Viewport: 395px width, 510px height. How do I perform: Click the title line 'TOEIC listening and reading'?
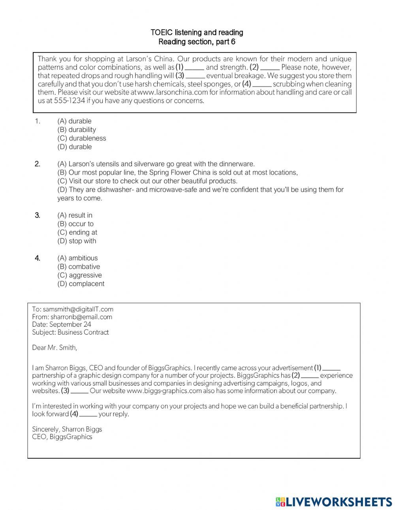point(197,32)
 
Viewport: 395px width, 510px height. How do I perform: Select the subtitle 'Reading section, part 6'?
point(197,41)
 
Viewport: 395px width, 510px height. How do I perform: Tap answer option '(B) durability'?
point(77,130)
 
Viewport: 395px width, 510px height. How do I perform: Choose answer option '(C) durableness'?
point(82,138)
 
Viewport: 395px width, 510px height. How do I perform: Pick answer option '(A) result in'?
point(75,215)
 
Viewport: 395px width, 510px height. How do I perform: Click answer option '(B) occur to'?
point(75,224)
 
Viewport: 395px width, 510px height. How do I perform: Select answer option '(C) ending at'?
point(77,232)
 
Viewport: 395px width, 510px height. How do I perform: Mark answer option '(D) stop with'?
point(77,241)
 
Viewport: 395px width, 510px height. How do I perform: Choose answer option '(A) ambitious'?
point(77,258)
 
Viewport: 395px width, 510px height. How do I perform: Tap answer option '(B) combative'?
point(79,267)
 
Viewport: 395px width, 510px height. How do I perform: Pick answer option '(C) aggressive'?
point(79,275)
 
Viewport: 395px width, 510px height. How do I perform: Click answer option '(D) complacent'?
point(81,284)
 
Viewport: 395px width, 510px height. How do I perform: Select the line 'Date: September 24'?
point(62,324)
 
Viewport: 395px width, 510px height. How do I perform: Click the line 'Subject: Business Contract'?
point(70,332)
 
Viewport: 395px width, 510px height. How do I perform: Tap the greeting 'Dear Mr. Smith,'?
point(55,348)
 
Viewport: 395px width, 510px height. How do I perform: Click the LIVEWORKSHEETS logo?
point(333,502)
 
